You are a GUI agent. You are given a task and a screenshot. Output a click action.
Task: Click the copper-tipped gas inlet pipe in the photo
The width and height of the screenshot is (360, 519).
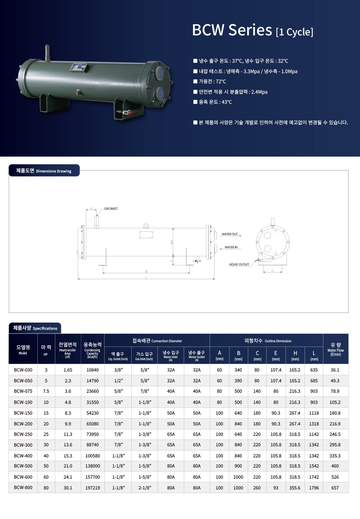coord(47,53)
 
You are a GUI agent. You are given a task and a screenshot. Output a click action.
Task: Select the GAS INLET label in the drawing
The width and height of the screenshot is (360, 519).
coord(111,208)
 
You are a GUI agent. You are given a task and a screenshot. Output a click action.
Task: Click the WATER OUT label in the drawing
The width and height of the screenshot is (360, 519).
coord(230,234)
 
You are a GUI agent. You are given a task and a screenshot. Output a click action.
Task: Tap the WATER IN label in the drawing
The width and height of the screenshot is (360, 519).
coord(231,247)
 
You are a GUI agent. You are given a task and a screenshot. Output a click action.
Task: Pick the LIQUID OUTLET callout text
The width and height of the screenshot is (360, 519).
coord(239,264)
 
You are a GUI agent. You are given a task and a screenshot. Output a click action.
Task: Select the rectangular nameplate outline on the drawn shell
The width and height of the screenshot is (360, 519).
coord(146,235)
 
